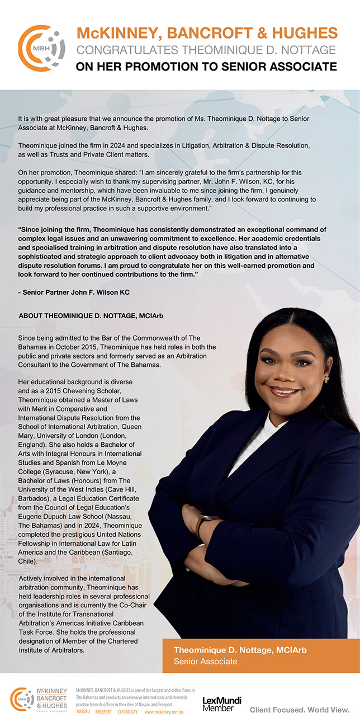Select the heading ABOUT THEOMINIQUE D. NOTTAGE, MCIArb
[x=91, y=316]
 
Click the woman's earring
[x=326, y=380]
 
